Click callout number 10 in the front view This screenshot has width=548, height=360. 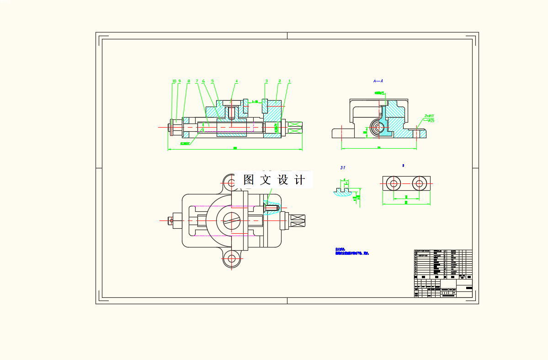point(174,81)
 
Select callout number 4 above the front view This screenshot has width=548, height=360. point(236,81)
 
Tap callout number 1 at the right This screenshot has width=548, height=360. point(289,81)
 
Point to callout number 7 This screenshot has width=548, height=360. point(197,81)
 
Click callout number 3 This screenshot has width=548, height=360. point(266,81)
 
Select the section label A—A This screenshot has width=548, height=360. point(378,81)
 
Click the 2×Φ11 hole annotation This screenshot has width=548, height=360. point(429,116)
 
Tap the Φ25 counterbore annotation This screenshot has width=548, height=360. point(431,120)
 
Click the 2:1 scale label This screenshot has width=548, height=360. point(343,168)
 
